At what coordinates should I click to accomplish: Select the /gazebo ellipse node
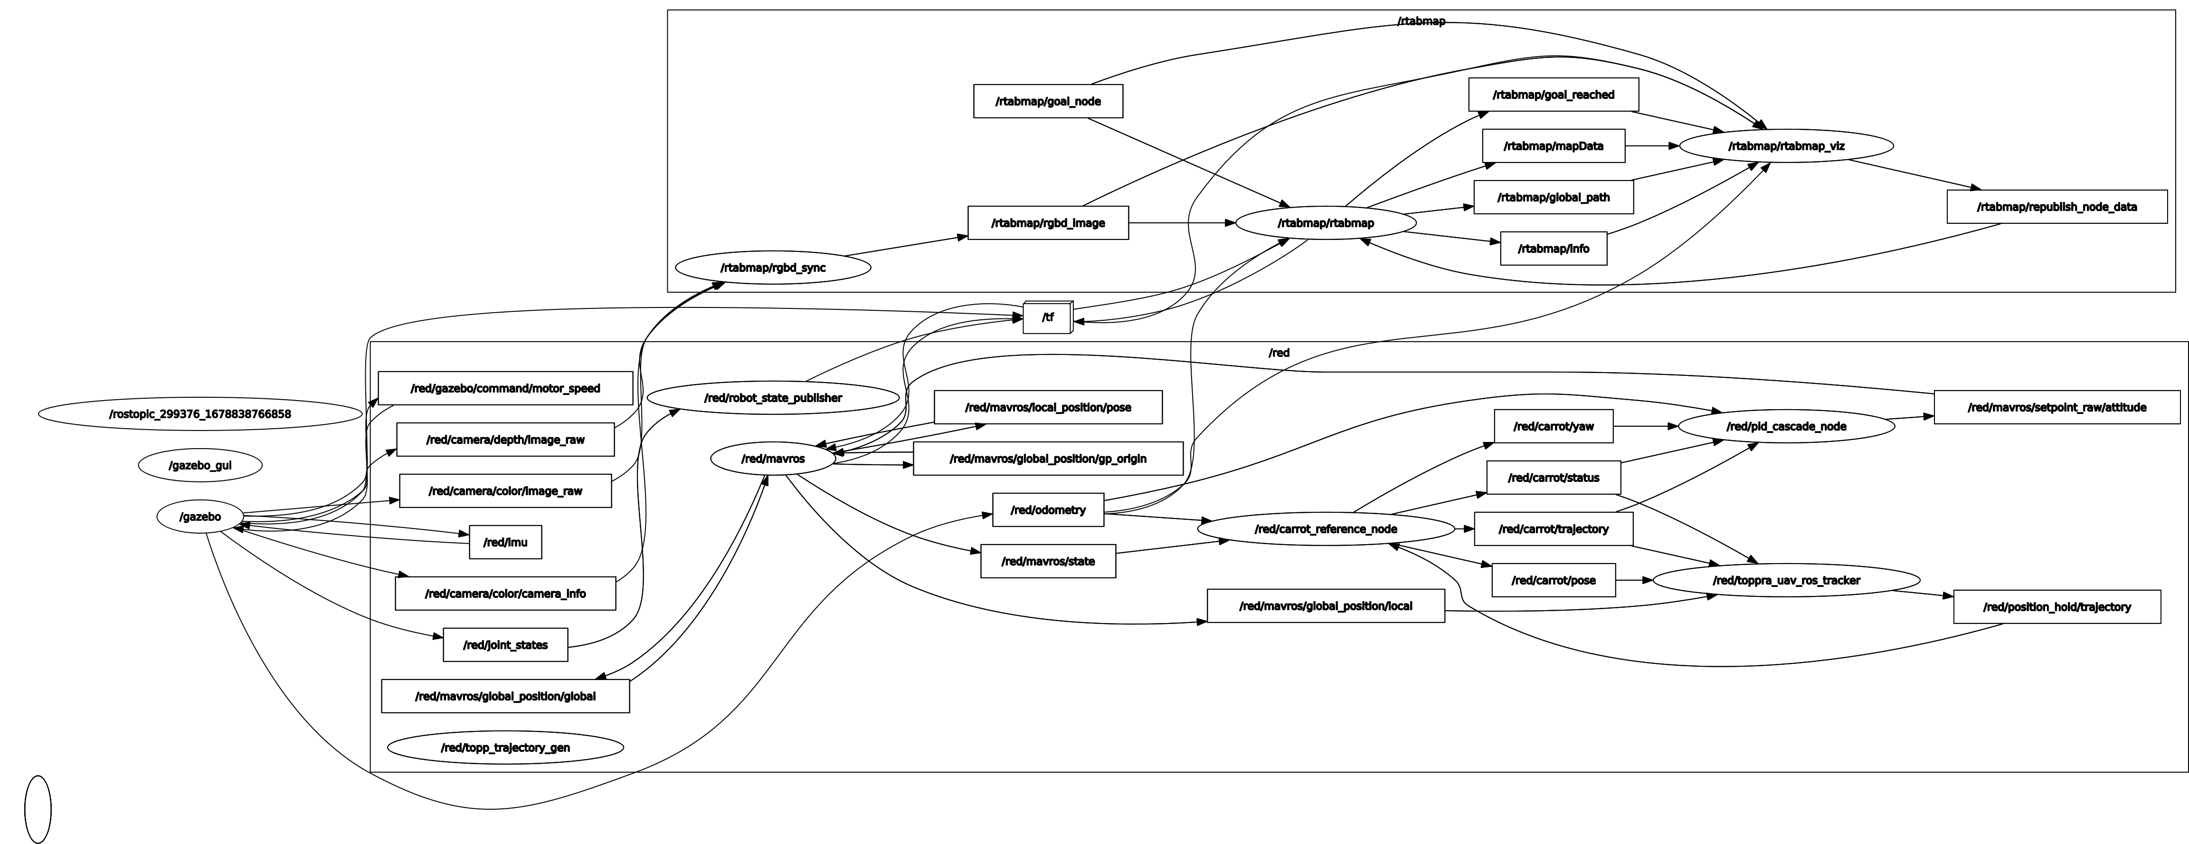click(200, 517)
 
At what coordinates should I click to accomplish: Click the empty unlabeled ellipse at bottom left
click(38, 809)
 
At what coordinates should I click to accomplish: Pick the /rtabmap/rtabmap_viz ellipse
click(1786, 146)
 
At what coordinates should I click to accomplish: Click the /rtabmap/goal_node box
click(1048, 101)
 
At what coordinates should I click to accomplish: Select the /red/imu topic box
click(505, 542)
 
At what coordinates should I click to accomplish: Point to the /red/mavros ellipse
click(772, 459)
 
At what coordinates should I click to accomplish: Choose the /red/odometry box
click(1048, 510)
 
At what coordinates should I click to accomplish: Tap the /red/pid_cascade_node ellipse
click(1786, 427)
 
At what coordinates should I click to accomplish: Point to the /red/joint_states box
click(505, 645)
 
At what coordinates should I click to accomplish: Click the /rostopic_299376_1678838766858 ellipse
click(200, 415)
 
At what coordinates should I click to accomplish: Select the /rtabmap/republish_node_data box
click(2056, 207)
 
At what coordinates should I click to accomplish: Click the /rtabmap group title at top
click(1421, 21)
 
